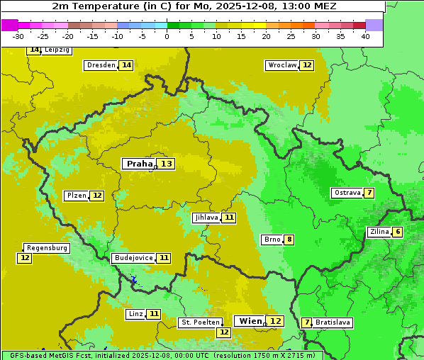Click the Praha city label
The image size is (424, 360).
pyautogui.click(x=140, y=164)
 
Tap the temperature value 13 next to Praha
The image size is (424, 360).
pyautogui.click(x=166, y=164)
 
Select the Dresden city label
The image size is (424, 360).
pyautogui.click(x=101, y=65)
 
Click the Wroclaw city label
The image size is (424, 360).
pyautogui.click(x=281, y=65)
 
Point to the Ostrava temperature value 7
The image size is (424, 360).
pyautogui.click(x=369, y=193)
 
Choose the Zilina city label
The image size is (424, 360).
pyautogui.click(x=379, y=232)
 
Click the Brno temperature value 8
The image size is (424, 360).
pyautogui.click(x=289, y=240)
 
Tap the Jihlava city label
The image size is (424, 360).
pyautogui.click(x=206, y=218)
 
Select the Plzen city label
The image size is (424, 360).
pyautogui.click(x=75, y=196)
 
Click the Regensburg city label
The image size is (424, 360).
pyautogui.click(x=47, y=248)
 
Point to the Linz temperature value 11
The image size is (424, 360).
pyautogui.click(x=154, y=314)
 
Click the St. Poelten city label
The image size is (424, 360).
pyautogui.click(x=201, y=322)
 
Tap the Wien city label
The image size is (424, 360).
pyautogui.click(x=250, y=321)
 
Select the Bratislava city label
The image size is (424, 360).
pyautogui.click(x=333, y=322)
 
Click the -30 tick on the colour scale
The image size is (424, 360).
pyautogui.click(x=18, y=36)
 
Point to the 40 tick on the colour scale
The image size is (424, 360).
pyautogui.click(x=365, y=36)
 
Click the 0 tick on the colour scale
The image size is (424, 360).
pyautogui.click(x=167, y=36)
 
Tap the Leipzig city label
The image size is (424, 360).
pyautogui.click(x=57, y=50)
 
